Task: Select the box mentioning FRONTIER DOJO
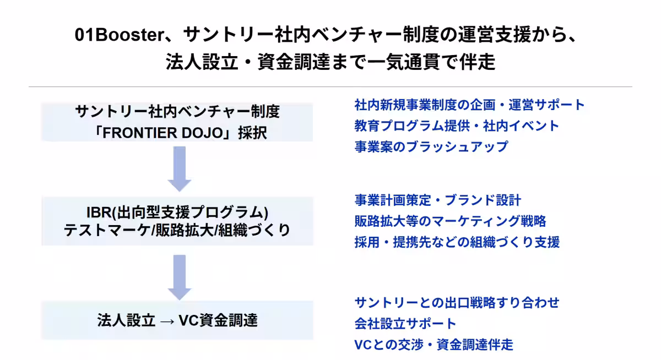[177, 122]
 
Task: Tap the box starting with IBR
[177, 221]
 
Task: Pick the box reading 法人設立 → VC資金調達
[177, 320]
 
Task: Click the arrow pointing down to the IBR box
[179, 168]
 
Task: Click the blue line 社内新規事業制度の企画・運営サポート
[469, 105]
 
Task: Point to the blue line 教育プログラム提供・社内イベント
[457, 126]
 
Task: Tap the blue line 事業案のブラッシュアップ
[431, 146]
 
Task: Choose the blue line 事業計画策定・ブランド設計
[437, 200]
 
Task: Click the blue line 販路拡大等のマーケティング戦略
[450, 221]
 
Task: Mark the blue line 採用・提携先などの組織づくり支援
[457, 242]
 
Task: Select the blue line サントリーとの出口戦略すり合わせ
[457, 302]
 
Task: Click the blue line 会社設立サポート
[405, 323]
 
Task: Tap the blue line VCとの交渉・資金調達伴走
[434, 345]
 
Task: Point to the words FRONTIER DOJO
[171, 133]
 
